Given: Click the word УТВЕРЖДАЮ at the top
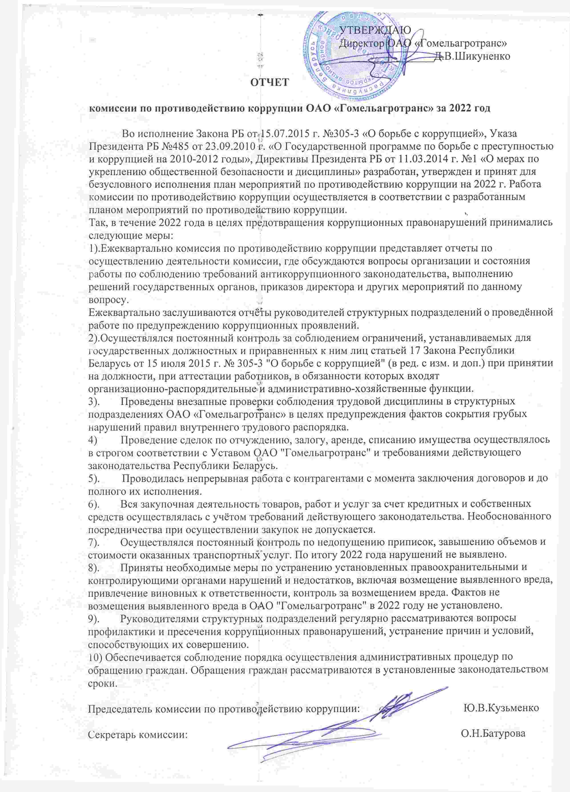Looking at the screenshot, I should [375, 30].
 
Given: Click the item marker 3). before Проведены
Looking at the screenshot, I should [94, 402].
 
